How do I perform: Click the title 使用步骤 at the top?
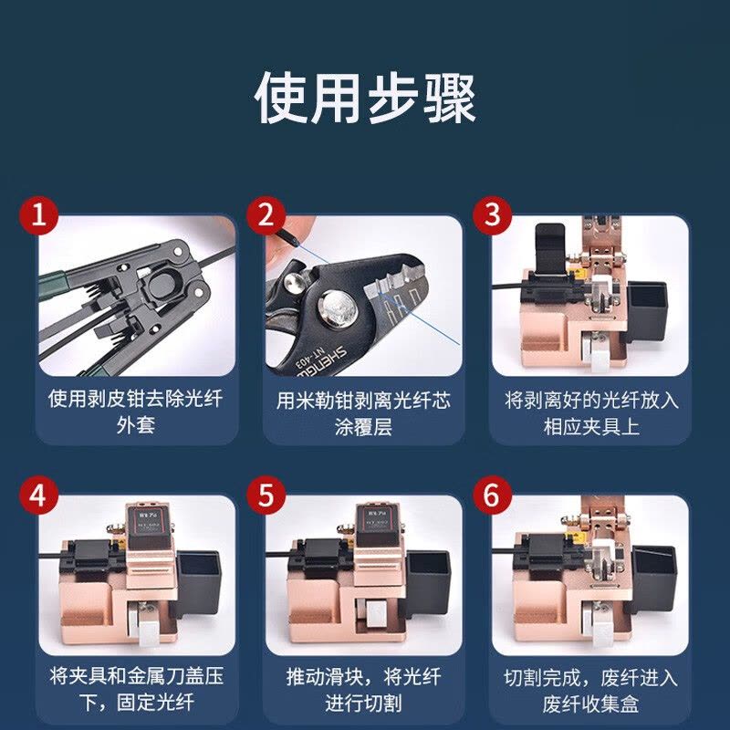click(x=365, y=99)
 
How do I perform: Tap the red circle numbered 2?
click(x=266, y=217)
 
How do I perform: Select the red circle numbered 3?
click(x=493, y=217)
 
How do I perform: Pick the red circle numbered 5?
click(x=266, y=497)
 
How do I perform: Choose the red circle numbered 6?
click(x=493, y=497)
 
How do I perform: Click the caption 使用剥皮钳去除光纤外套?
click(x=137, y=412)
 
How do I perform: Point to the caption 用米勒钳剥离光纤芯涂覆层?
click(x=364, y=412)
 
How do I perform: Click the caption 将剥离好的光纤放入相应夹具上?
click(x=591, y=412)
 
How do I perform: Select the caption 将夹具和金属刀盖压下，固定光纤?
click(x=137, y=691)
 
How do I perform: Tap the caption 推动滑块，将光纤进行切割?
click(x=364, y=691)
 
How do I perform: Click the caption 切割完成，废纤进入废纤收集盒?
click(x=591, y=691)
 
